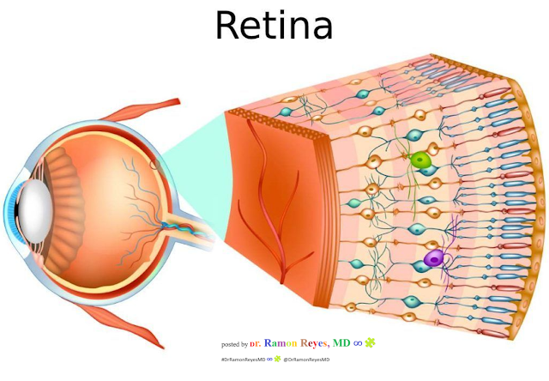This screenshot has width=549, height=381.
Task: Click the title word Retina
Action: pos(274,25)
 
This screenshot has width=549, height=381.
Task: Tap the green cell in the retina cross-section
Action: pos(420,160)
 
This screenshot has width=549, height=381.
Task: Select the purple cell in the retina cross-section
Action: pos(434,258)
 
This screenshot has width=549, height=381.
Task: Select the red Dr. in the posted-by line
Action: pos(257,343)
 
